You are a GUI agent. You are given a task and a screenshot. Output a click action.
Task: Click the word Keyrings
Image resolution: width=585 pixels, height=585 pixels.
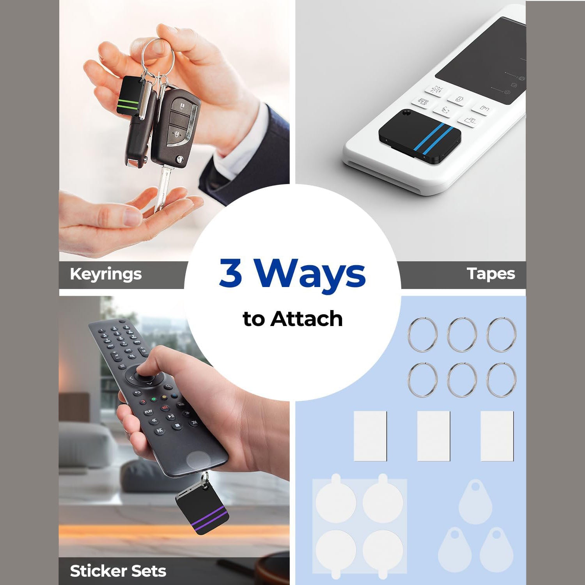[x=106, y=274]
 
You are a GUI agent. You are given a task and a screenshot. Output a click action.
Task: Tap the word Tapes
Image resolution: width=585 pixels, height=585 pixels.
[x=491, y=274]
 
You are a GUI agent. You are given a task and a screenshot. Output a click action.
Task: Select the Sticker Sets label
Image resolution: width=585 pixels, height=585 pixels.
[x=118, y=571]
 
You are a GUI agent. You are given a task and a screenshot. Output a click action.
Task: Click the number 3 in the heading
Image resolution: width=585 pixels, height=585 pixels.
[x=231, y=273]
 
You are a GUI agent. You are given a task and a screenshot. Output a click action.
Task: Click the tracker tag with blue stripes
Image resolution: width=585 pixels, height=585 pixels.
[x=421, y=135]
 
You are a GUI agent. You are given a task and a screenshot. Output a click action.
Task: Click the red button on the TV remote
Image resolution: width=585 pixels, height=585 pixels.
[x=143, y=402]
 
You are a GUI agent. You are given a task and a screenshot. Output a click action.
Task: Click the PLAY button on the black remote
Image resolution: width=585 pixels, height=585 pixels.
[x=148, y=412]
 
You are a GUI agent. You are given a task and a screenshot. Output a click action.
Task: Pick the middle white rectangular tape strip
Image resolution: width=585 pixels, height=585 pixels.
[x=434, y=436]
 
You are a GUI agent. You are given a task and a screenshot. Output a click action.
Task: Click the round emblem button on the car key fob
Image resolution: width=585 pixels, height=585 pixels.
[x=180, y=159]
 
